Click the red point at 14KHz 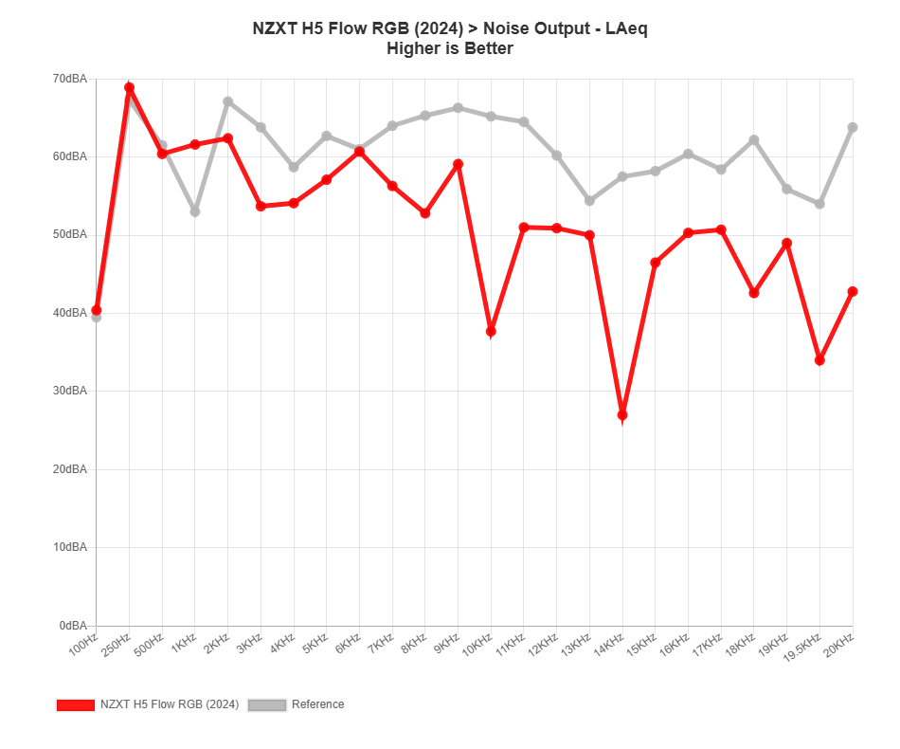click(x=622, y=415)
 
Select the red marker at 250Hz click(x=129, y=87)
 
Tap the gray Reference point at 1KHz click(x=195, y=211)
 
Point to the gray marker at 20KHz click(x=853, y=127)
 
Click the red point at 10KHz click(x=491, y=332)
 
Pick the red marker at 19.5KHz click(x=819, y=360)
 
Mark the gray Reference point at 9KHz click(x=459, y=108)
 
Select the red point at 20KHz click(x=853, y=291)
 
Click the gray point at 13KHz click(x=589, y=201)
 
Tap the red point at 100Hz click(x=97, y=310)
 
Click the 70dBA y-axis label click(x=70, y=79)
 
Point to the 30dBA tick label click(x=70, y=391)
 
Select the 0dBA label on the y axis click(x=73, y=626)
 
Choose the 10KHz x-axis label click(x=479, y=647)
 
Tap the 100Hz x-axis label click(x=85, y=647)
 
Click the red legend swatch click(x=75, y=704)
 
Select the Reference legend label click(x=317, y=704)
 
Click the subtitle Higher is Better click(x=450, y=48)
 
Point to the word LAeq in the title click(x=623, y=28)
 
